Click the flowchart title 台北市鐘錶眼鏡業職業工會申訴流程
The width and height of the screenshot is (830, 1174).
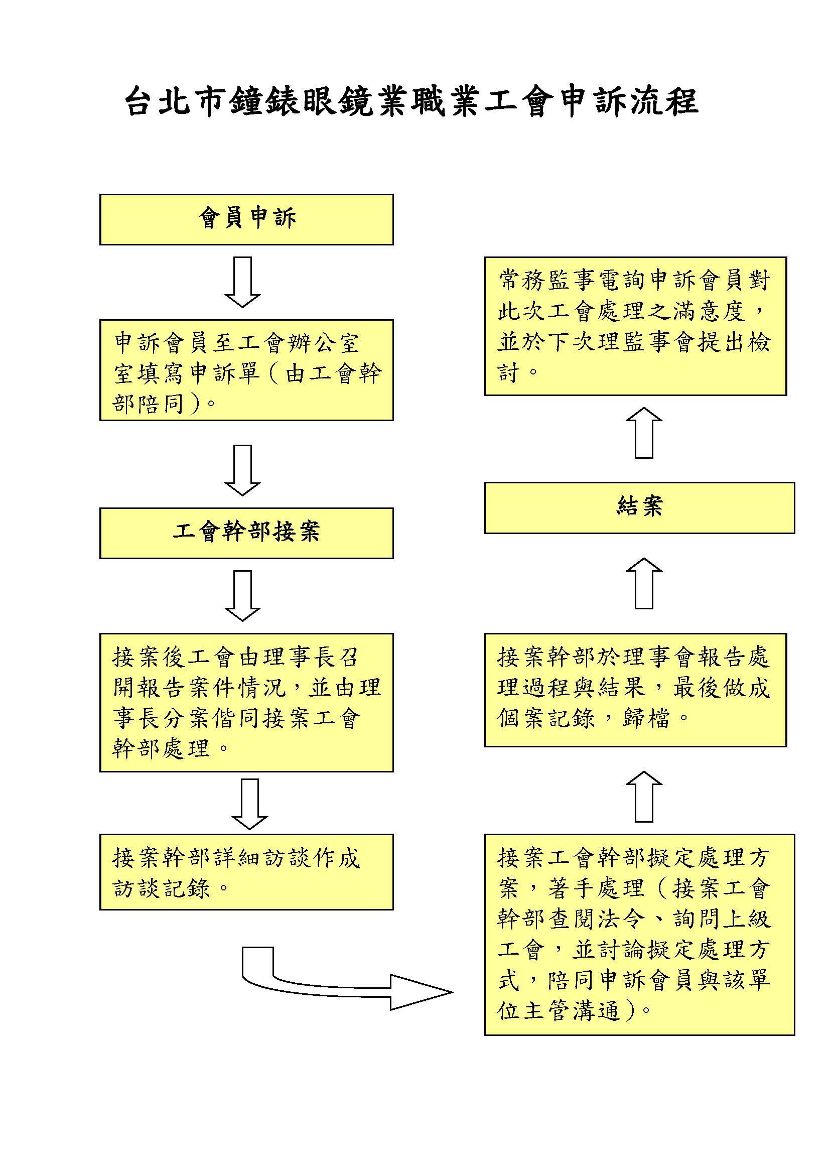point(412,101)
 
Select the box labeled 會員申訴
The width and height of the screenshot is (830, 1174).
point(246,219)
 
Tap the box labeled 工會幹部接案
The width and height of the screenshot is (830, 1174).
point(246,533)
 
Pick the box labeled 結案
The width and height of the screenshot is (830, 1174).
point(639,508)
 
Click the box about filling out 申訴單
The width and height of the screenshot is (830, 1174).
point(246,370)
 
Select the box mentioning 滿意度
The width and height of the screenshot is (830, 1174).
point(635,326)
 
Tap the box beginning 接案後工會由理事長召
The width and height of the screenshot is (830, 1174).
point(246,703)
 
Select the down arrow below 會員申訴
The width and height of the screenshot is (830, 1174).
point(243,282)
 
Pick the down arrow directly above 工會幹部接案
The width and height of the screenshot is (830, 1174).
point(243,470)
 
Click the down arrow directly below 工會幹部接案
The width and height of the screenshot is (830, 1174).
point(243,596)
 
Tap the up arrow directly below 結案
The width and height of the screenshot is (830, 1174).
point(644,583)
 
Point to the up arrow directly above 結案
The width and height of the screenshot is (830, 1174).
point(644,433)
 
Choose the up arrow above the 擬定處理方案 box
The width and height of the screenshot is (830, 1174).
point(644,797)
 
